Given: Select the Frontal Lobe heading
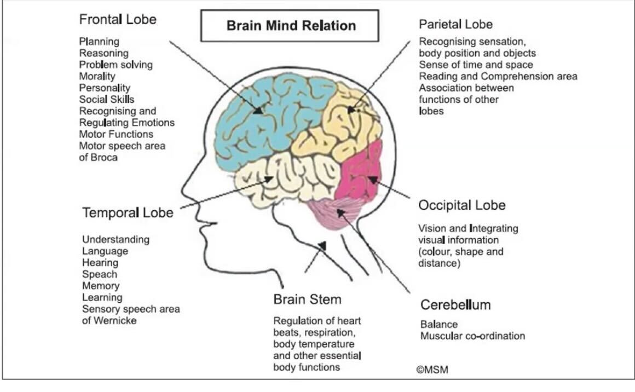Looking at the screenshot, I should pos(118,20).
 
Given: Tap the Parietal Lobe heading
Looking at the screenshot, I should pos(455,24).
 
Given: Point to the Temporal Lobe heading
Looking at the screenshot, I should pos(128,212).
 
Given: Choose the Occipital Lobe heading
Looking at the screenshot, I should pos(461,205).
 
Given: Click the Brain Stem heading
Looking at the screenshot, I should pos(307,299).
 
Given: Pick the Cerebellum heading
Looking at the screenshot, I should pos(455,304).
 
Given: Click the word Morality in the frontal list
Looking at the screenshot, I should pos(97,76).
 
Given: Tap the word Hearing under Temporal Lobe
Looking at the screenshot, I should pos(100,263).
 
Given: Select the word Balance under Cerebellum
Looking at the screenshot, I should pos(438,324).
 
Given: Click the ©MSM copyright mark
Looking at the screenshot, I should pos(432,371).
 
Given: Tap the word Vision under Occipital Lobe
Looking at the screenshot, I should pos(432,228).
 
